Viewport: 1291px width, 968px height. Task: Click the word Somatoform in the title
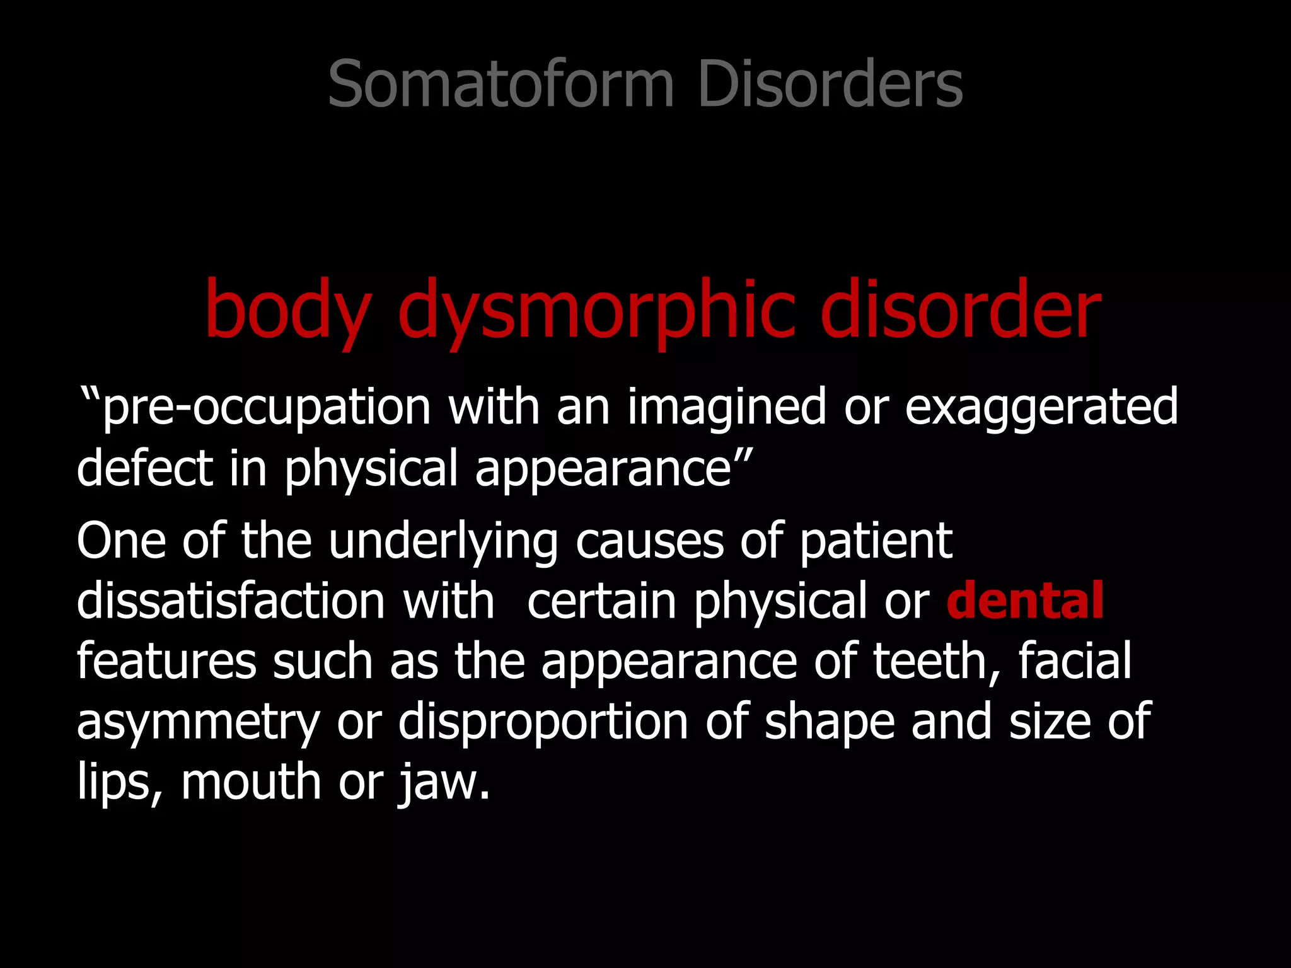coord(501,84)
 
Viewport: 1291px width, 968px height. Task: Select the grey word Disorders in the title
coord(830,84)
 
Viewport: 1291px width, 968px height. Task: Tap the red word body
coord(287,310)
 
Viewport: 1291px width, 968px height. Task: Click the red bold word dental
coord(1025,600)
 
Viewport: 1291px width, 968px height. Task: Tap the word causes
coord(649,541)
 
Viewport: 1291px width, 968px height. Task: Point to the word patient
coord(876,541)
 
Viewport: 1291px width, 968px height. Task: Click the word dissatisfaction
coord(231,600)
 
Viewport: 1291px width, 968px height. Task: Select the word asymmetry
coord(199,722)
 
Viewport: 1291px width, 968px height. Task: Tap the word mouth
coord(252,781)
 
